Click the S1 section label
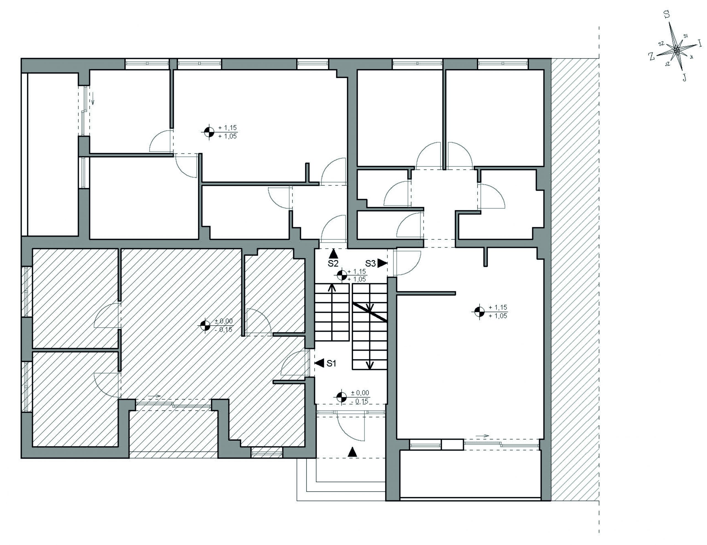click(x=331, y=364)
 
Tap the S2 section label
click(x=333, y=264)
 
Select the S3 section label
click(x=371, y=264)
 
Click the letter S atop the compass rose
click(x=666, y=14)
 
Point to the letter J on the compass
click(x=684, y=77)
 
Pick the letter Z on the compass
click(x=651, y=57)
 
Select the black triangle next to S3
click(x=382, y=263)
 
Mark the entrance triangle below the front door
click(x=352, y=452)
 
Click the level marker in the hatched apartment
click(x=205, y=325)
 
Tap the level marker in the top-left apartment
click(x=209, y=132)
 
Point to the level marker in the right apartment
click(x=479, y=311)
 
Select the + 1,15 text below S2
click(x=357, y=272)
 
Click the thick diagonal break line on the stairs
click(x=370, y=312)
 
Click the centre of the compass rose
click(x=676, y=50)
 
